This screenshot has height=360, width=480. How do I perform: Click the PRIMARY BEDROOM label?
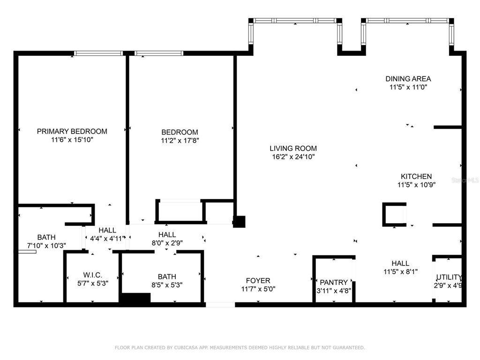[72, 131]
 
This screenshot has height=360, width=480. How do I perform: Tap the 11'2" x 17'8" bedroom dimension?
[180, 141]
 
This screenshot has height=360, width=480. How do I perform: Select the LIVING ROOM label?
[293, 149]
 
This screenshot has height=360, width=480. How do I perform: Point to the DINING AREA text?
[408, 79]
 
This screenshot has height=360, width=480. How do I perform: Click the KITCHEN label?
[416, 176]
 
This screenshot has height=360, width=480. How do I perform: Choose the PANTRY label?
[334, 282]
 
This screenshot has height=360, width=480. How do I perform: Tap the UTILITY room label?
[449, 277]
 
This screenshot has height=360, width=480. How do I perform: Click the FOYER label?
[258, 280]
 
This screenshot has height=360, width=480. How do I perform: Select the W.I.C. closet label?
[93, 275]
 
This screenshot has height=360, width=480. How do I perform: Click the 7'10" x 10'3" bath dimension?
[46, 246]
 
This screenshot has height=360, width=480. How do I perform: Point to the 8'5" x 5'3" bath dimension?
[167, 285]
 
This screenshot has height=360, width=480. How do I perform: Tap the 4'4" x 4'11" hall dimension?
[107, 239]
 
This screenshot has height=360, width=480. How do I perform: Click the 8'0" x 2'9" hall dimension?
[167, 243]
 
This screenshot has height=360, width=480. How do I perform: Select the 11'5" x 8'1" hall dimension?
[400, 271]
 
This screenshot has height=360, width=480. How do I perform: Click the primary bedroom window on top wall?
[98, 53]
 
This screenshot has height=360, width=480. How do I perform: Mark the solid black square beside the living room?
[239, 222]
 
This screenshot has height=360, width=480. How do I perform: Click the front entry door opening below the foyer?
[220, 305]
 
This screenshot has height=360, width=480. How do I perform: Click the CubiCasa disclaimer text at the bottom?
[240, 347]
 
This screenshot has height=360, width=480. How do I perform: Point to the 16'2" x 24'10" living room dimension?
[293, 157]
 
